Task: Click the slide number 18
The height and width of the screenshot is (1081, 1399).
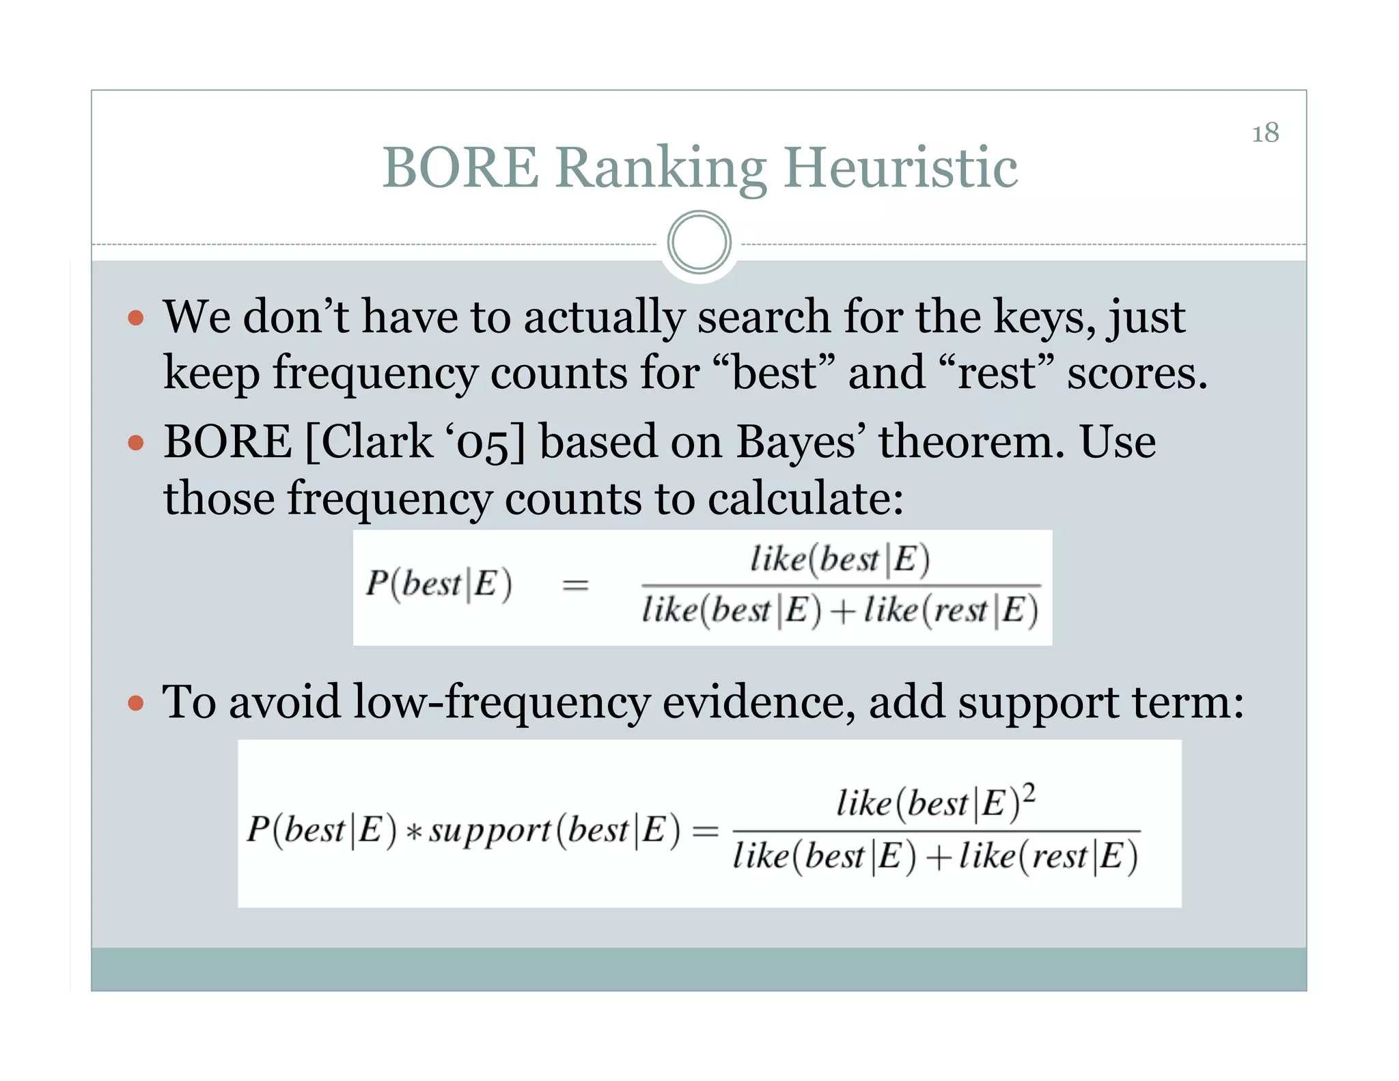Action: point(1264,133)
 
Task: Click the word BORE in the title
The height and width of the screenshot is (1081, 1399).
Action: point(460,168)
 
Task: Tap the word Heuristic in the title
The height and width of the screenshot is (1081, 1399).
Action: point(900,168)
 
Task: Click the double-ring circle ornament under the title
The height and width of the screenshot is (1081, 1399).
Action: point(699,242)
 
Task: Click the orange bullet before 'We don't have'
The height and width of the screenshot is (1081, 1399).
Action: point(136,318)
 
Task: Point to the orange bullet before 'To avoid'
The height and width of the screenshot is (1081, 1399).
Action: point(136,703)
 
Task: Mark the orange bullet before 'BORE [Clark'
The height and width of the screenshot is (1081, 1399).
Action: point(136,443)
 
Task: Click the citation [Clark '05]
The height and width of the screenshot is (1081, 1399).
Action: point(415,442)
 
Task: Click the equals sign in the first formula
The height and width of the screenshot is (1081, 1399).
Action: point(575,585)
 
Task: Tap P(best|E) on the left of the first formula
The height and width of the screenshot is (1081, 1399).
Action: point(439,585)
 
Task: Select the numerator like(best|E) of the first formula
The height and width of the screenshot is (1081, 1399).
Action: point(840,560)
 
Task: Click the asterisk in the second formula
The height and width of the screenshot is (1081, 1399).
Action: point(413,833)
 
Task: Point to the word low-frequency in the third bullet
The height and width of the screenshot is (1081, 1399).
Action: point(501,703)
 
